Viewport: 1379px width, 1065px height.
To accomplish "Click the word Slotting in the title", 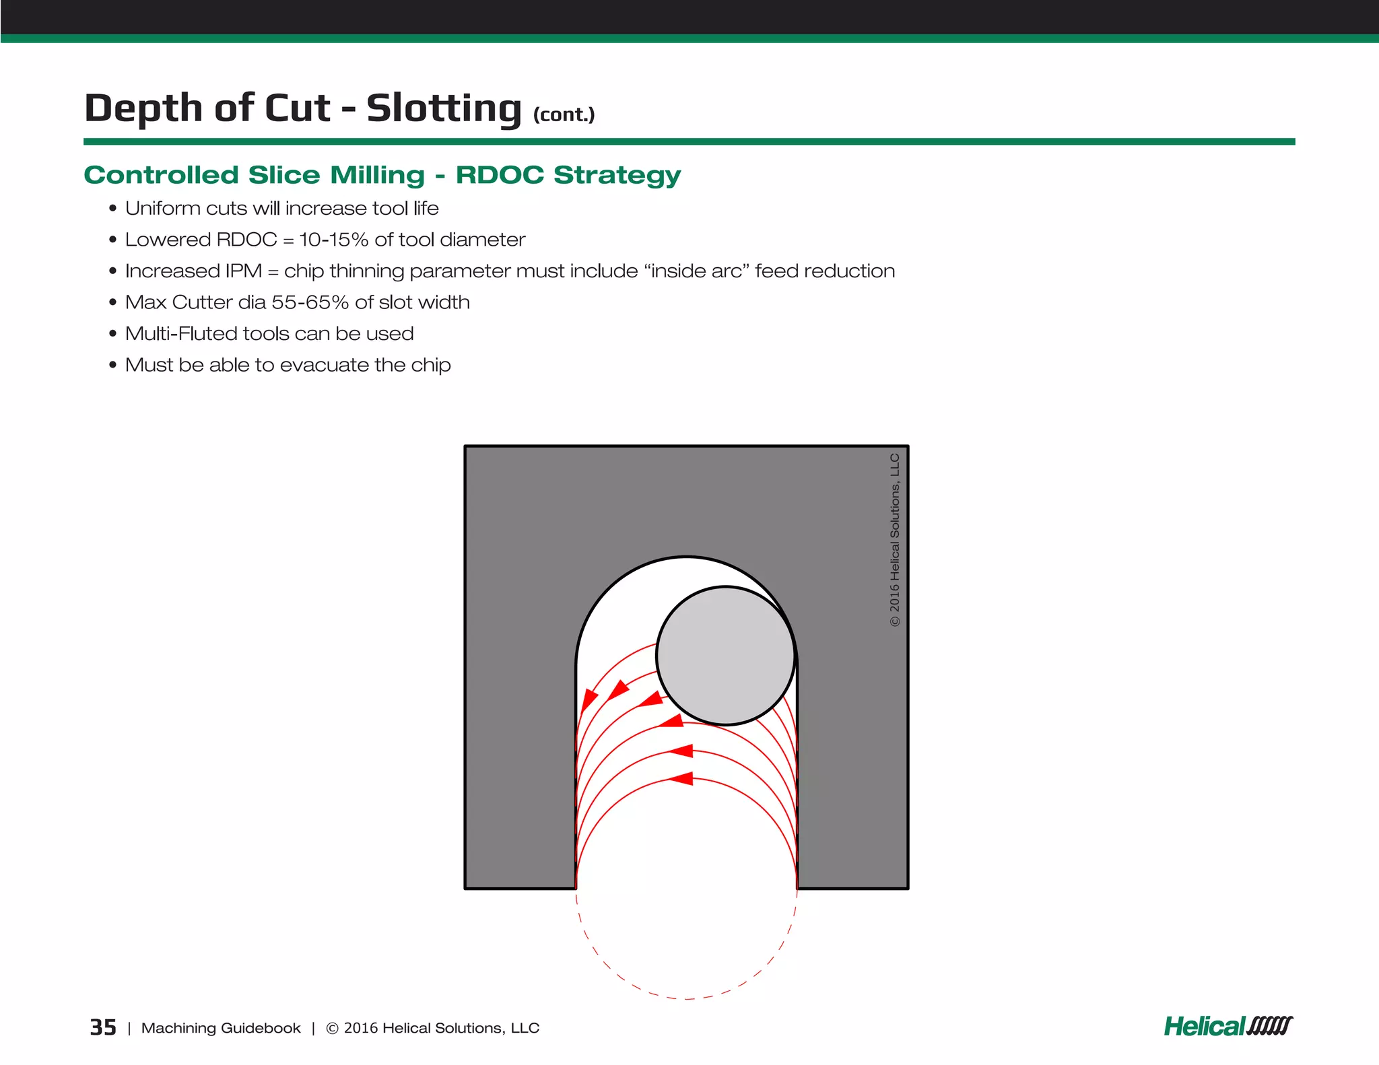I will [444, 108].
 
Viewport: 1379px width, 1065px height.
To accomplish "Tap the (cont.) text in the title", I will [564, 114].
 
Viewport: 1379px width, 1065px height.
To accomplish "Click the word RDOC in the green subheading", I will [499, 175].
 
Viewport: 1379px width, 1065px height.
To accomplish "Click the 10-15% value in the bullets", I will [333, 240].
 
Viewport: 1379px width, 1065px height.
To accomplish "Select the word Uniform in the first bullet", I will [162, 208].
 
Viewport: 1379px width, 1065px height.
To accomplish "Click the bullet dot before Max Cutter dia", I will [112, 302].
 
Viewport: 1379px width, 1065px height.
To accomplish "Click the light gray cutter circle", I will [726, 656].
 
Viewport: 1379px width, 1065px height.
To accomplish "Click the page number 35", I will [102, 1027].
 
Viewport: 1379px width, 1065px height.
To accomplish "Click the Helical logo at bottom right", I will [1227, 1026].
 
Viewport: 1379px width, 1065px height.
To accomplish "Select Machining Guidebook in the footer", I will [220, 1028].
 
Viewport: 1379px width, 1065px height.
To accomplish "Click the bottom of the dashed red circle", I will [686, 998].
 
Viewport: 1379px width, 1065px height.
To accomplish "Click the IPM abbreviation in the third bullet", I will [243, 271].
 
